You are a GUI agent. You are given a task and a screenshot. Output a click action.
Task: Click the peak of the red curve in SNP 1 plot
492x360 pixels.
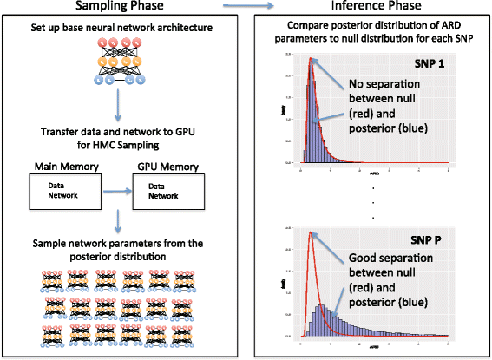coord(310,59)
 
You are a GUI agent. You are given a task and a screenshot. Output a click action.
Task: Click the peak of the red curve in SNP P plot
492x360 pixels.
coord(310,232)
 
